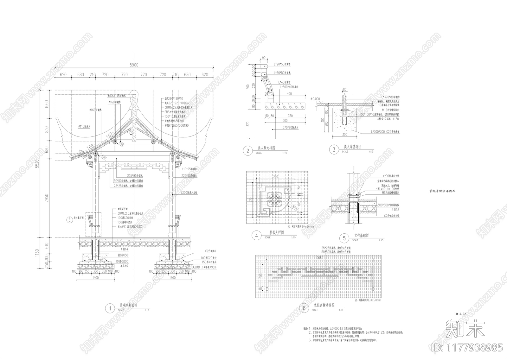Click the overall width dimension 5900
[134, 65]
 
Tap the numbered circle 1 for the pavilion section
[110, 308]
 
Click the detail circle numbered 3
[334, 150]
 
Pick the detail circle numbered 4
[256, 236]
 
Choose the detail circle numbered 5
[344, 238]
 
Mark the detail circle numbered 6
[304, 308]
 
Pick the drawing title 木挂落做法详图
[324, 306]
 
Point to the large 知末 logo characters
[465, 328]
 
